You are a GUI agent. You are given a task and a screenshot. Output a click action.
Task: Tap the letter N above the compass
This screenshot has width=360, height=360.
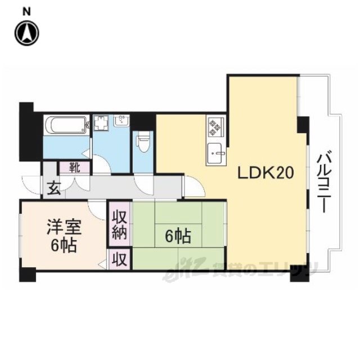coord(27,12)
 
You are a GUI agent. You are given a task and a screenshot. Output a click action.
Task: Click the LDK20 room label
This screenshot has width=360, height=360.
coord(265,173)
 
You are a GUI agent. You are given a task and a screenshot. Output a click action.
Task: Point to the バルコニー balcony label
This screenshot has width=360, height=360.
coord(323,181)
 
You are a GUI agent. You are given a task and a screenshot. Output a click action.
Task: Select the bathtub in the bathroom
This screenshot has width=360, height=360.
coord(67,125)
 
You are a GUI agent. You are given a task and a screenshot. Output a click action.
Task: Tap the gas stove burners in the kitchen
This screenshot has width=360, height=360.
coord(216,127)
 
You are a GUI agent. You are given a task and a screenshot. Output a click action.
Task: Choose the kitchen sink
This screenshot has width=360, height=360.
coord(216,153)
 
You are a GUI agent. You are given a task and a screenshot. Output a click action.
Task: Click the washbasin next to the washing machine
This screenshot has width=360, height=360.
coord(123,120)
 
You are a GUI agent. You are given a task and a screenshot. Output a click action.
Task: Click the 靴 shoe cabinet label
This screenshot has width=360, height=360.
coord(75,168)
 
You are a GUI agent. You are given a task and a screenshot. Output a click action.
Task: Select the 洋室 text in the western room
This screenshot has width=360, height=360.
coord(64,227)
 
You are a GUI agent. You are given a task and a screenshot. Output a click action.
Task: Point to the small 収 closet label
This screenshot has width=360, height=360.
coord(119,260)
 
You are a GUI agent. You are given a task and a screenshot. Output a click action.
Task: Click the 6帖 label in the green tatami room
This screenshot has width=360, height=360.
coord(178,236)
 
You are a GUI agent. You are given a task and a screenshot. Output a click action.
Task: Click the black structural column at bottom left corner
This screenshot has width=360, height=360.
coord(28,274)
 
